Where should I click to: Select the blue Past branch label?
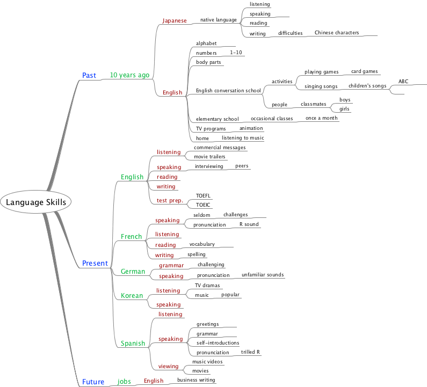(x=89, y=75)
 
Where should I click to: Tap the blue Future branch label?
(x=93, y=382)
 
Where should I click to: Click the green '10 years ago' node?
(x=129, y=75)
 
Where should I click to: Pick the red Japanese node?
(x=175, y=20)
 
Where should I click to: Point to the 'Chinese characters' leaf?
(x=336, y=33)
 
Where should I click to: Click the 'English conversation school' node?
(x=228, y=91)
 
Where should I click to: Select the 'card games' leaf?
(x=364, y=71)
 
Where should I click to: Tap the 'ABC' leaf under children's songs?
(x=403, y=82)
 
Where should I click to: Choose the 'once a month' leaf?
(x=321, y=118)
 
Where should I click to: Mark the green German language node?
(x=133, y=272)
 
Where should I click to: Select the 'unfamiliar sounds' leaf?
(x=263, y=275)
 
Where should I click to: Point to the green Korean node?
(x=132, y=295)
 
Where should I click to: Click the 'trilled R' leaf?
(x=250, y=352)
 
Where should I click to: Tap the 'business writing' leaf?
(x=196, y=380)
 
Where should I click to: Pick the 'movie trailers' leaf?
(x=210, y=157)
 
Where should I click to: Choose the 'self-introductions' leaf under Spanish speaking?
(x=218, y=342)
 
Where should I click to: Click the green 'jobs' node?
(x=124, y=382)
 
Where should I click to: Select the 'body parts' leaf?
(x=208, y=62)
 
